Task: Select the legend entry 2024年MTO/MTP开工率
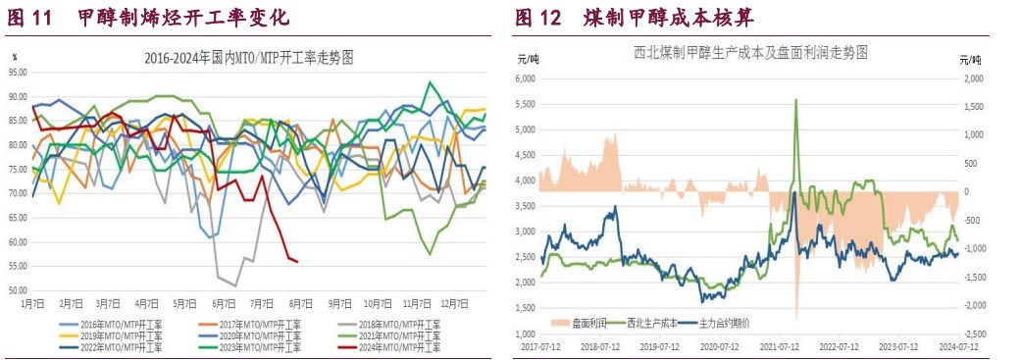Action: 392,346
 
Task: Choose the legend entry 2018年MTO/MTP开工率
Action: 392,323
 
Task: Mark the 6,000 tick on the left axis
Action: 528,77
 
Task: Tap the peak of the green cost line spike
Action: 795,99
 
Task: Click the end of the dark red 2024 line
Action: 296,261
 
